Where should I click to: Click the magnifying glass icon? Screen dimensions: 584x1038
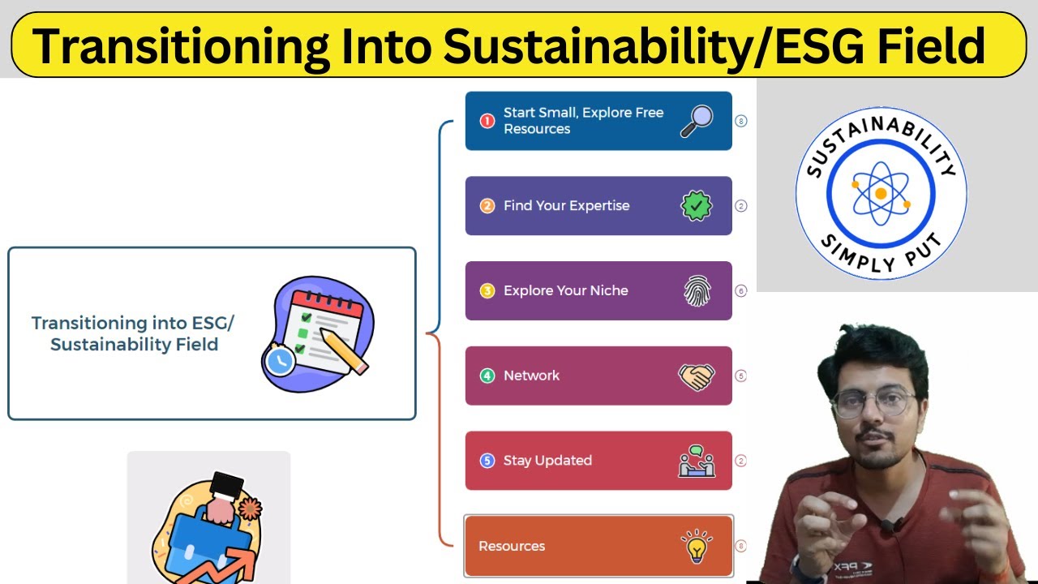pos(696,121)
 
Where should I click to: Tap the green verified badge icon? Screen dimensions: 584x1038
pos(696,206)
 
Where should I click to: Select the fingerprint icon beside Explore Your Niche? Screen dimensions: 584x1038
pos(697,291)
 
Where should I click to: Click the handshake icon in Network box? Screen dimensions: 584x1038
pos(696,376)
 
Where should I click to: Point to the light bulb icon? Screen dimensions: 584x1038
pos(696,547)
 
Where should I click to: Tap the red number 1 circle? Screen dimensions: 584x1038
pos(487,121)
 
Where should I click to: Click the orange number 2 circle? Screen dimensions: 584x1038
pos(487,206)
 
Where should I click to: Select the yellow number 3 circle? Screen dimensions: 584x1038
pos(487,290)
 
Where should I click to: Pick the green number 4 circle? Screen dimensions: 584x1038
pos(487,376)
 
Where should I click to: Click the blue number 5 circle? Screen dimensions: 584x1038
pos(487,461)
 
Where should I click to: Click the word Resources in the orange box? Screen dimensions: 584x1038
pos(512,546)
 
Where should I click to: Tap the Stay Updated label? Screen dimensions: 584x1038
pos(547,461)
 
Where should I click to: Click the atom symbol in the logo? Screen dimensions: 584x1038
pos(881,193)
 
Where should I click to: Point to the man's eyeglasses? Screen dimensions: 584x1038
pos(873,403)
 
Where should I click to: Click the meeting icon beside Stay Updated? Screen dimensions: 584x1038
pos(696,461)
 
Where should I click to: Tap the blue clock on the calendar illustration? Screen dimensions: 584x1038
pos(280,360)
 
